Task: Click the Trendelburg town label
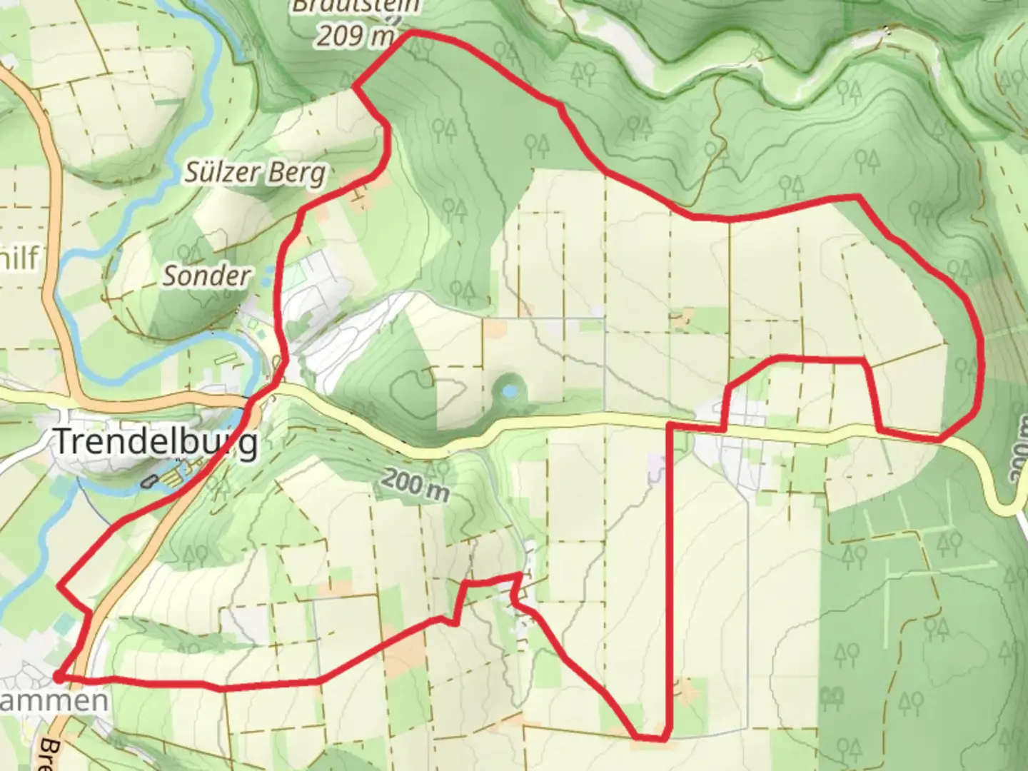tap(156, 442)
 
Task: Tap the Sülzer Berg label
tap(255, 172)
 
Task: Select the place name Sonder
tap(206, 276)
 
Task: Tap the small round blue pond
tap(509, 390)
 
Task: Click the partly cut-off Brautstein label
tap(356, 6)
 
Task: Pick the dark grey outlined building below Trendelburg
tap(148, 480)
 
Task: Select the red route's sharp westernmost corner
tap(59, 587)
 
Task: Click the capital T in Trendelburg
tap(64, 442)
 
